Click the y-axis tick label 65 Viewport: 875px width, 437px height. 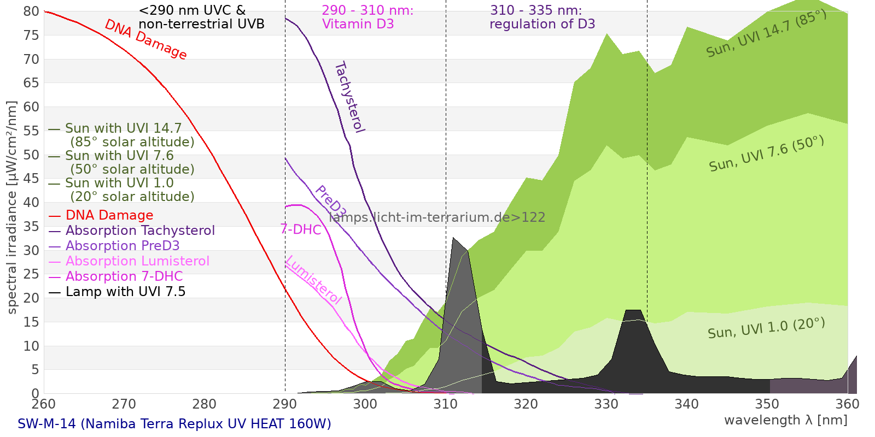pyautogui.click(x=31, y=83)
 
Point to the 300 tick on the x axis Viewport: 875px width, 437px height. pyautogui.click(x=365, y=404)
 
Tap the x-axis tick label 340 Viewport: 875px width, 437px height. pyautogui.click(x=686, y=404)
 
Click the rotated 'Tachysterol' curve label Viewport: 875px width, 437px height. pyautogui.click(x=349, y=97)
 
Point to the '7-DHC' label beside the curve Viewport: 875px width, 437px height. pyautogui.click(x=301, y=229)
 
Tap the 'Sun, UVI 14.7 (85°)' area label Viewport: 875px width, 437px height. pyautogui.click(x=766, y=33)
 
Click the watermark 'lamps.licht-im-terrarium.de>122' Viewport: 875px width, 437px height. pyautogui.click(x=437, y=217)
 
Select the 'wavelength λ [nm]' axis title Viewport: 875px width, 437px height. pyautogui.click(x=785, y=420)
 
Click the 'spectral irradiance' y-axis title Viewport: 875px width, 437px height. pyautogui.click(x=12, y=208)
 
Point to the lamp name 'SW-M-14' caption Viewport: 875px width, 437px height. pyautogui.click(x=174, y=424)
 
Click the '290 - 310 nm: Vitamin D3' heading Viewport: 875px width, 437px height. pyautogui.click(x=367, y=17)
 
